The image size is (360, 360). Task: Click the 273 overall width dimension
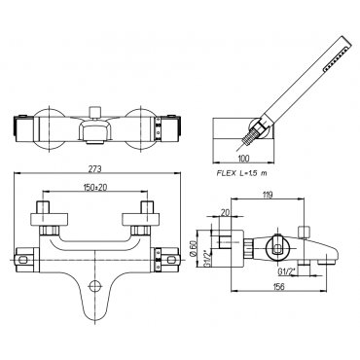(96, 168)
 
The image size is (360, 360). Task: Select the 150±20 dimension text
(94, 187)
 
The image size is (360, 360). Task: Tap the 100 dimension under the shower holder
(243, 159)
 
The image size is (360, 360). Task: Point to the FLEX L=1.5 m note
(241, 173)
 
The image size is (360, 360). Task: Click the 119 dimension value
(268, 195)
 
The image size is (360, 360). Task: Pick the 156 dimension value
(278, 287)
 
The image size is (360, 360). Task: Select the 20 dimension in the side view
(225, 213)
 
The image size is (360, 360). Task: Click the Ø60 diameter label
(194, 249)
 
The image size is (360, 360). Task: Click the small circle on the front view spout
(94, 285)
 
